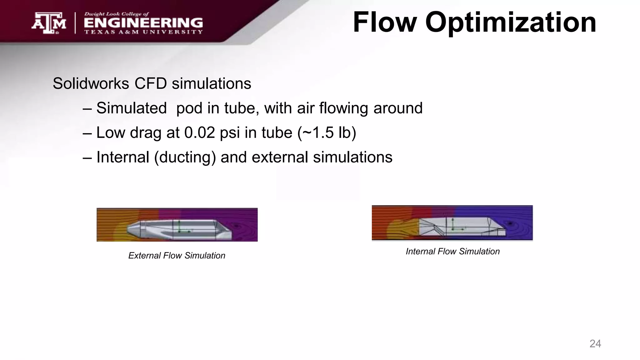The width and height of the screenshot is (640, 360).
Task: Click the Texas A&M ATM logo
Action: (49, 23)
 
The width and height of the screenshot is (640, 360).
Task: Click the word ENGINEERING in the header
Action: (143, 23)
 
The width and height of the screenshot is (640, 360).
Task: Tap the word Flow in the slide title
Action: (385, 22)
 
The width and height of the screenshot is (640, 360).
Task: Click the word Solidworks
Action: (91, 84)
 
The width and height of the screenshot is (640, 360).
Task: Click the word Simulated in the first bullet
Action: (131, 108)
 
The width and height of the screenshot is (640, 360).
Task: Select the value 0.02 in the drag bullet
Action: (200, 132)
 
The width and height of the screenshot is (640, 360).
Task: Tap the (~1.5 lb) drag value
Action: (327, 132)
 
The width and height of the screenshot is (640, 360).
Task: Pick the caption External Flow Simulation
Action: (177, 256)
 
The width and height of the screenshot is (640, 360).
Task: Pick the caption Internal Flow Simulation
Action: (452, 252)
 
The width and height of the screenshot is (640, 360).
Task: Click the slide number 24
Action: (595, 344)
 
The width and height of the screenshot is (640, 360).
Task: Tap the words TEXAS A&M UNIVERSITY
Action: (143, 32)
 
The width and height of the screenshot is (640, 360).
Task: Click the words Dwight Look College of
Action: (116, 14)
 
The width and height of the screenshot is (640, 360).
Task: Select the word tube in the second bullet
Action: (277, 132)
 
